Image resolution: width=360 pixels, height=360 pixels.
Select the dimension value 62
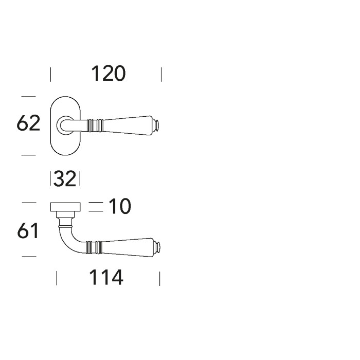coord(28,124)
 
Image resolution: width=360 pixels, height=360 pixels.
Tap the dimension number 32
coord(65,179)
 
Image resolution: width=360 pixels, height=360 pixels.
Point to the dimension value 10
coord(120,207)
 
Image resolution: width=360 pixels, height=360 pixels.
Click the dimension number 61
coord(28,231)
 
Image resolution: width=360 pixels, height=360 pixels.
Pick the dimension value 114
coord(106,278)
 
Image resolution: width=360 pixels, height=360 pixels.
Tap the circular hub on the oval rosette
coord(64,124)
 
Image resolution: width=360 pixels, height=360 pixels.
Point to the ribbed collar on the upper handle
coord(96,124)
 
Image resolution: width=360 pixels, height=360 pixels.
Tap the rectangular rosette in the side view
coord(66,207)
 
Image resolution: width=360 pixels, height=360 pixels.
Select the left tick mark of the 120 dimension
coord(50,75)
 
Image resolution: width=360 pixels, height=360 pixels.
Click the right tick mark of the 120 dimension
coord(161,75)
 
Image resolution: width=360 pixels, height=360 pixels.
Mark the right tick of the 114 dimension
coord(160,279)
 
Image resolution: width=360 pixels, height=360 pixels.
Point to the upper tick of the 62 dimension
coord(28,96)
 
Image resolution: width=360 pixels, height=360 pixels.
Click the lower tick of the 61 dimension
coord(29,256)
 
